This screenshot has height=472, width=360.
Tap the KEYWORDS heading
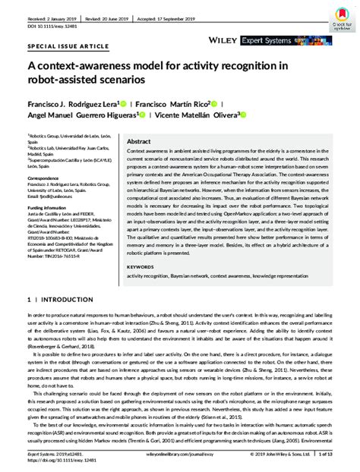(141, 268)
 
